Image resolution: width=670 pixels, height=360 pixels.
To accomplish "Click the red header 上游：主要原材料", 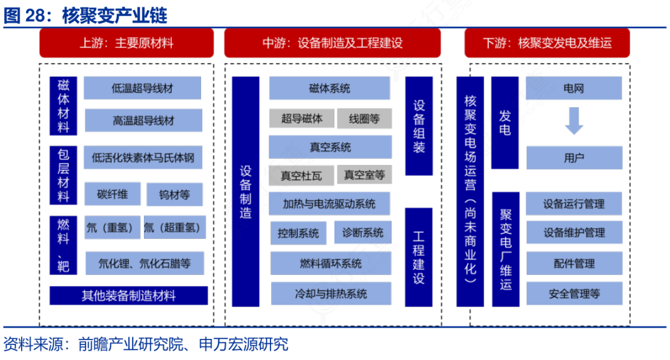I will click(x=127, y=43).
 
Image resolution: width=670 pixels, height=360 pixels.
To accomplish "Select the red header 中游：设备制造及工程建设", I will click(x=332, y=43).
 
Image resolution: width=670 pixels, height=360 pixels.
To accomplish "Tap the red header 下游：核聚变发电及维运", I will click(x=547, y=43).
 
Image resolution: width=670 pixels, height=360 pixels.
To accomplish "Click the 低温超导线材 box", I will click(x=142, y=88).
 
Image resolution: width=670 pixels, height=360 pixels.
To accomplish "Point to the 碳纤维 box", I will click(x=112, y=194).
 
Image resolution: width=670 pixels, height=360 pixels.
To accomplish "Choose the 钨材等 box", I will click(x=174, y=194).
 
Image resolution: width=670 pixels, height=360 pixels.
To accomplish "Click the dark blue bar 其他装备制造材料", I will click(x=128, y=295).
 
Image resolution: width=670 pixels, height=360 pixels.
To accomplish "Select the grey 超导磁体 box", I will click(x=301, y=119).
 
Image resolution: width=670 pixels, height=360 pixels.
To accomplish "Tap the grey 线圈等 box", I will click(x=364, y=119).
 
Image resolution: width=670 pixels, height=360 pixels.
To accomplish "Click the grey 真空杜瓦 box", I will click(x=301, y=175).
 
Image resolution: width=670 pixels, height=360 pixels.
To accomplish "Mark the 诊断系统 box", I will click(x=363, y=233).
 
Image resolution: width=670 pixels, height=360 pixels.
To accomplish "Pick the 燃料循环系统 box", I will click(x=331, y=263).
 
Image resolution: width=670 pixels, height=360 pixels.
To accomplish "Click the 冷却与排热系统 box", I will click(x=331, y=294).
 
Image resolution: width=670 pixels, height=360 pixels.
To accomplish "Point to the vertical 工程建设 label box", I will click(x=419, y=257).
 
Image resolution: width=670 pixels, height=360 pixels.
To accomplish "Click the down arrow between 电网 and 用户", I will click(x=574, y=121).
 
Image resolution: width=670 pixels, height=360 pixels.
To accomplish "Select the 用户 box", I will click(x=574, y=158).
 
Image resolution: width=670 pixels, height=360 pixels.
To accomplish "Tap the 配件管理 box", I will click(x=574, y=263).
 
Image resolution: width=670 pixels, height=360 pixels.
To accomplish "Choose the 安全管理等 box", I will click(x=574, y=294).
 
